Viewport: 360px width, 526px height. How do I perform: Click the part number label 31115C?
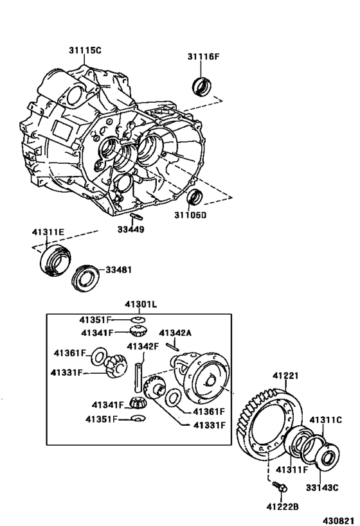85,49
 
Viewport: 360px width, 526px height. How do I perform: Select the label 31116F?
204,57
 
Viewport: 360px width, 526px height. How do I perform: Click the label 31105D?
191,215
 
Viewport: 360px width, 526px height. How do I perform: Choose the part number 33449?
131,229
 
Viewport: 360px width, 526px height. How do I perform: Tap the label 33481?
118,270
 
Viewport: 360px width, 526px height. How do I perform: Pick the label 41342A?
175,333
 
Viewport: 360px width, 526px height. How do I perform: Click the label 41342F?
142,347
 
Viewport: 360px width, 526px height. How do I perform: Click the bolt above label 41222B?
278,486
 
